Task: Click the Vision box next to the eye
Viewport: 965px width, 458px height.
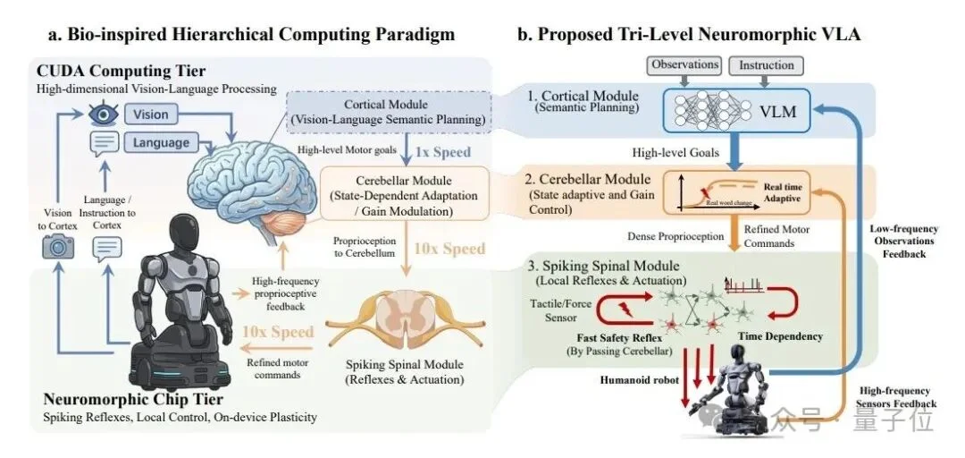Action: [152, 114]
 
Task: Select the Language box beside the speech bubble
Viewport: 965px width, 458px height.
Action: [161, 142]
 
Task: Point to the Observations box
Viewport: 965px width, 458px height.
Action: [686, 65]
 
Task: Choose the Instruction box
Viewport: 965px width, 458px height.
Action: [767, 65]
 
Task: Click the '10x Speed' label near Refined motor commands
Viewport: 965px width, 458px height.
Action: [278, 333]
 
